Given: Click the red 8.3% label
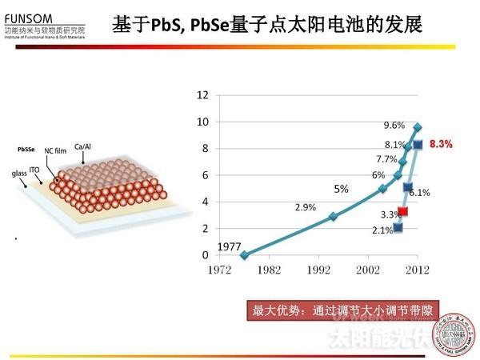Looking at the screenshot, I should click(441, 145).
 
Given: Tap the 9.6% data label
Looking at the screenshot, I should click(394, 125).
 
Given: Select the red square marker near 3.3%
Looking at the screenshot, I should click(403, 212).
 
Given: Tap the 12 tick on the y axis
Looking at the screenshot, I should click(203, 95).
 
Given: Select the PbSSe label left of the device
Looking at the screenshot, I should click(26, 150).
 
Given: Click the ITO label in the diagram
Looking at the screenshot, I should click(34, 169).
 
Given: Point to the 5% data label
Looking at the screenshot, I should click(342, 190).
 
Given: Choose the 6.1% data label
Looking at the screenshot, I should click(420, 192).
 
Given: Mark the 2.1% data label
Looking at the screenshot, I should click(382, 230).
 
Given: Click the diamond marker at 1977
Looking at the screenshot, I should click(245, 254).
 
